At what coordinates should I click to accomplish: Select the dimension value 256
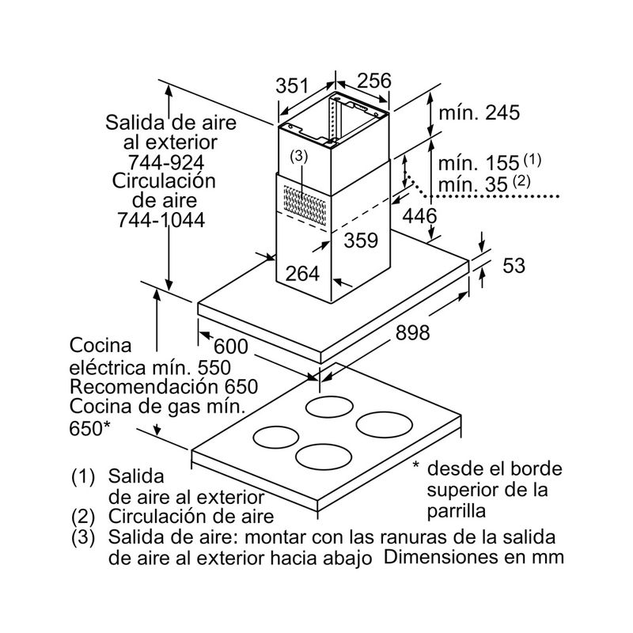pyautogui.click(x=374, y=81)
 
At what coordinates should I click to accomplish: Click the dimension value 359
pyautogui.click(x=362, y=241)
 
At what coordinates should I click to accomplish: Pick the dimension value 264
pyautogui.click(x=301, y=274)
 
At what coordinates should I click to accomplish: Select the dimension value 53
pyautogui.click(x=514, y=266)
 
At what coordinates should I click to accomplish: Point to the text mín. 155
pyautogui.click(x=479, y=164)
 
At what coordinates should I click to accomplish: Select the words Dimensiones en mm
pyautogui.click(x=475, y=557)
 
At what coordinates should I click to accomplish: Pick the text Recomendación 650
pyautogui.click(x=165, y=387)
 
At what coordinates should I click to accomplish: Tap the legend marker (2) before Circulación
pyautogui.click(x=83, y=517)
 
